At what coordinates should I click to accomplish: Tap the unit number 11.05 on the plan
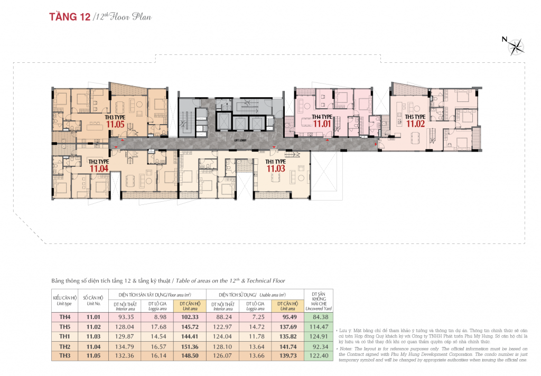(x=115, y=125)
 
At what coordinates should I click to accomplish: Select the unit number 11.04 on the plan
(x=98, y=168)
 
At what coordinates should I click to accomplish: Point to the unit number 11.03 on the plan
(x=275, y=168)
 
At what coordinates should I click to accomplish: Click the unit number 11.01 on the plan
(x=321, y=124)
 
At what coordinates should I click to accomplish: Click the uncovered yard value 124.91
(x=317, y=337)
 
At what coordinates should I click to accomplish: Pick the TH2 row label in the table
(x=64, y=346)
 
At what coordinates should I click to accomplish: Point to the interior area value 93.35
(x=125, y=317)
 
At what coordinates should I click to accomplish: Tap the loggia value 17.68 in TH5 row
(x=157, y=327)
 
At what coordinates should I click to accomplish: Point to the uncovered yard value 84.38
(x=317, y=317)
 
